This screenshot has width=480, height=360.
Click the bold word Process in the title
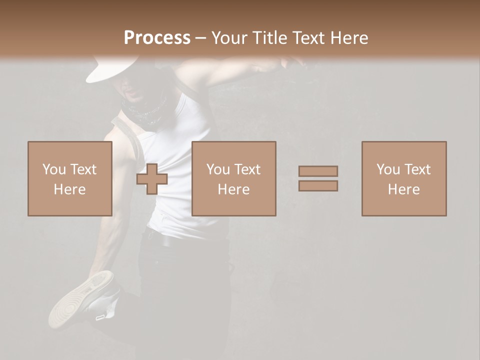point(157,38)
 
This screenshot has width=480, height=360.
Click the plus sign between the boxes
point(152,179)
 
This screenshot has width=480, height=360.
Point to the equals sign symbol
point(318,178)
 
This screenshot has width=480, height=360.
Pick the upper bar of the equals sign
point(318,171)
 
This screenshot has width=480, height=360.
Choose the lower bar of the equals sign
point(318,186)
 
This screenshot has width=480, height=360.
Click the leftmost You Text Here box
point(70,178)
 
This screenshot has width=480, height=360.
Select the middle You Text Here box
point(234,178)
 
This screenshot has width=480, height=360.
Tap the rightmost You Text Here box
point(404,178)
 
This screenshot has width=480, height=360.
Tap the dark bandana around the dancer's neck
point(145,110)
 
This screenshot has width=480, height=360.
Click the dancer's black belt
point(165,239)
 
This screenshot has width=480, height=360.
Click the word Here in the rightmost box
point(404,189)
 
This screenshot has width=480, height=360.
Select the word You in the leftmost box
point(53,169)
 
